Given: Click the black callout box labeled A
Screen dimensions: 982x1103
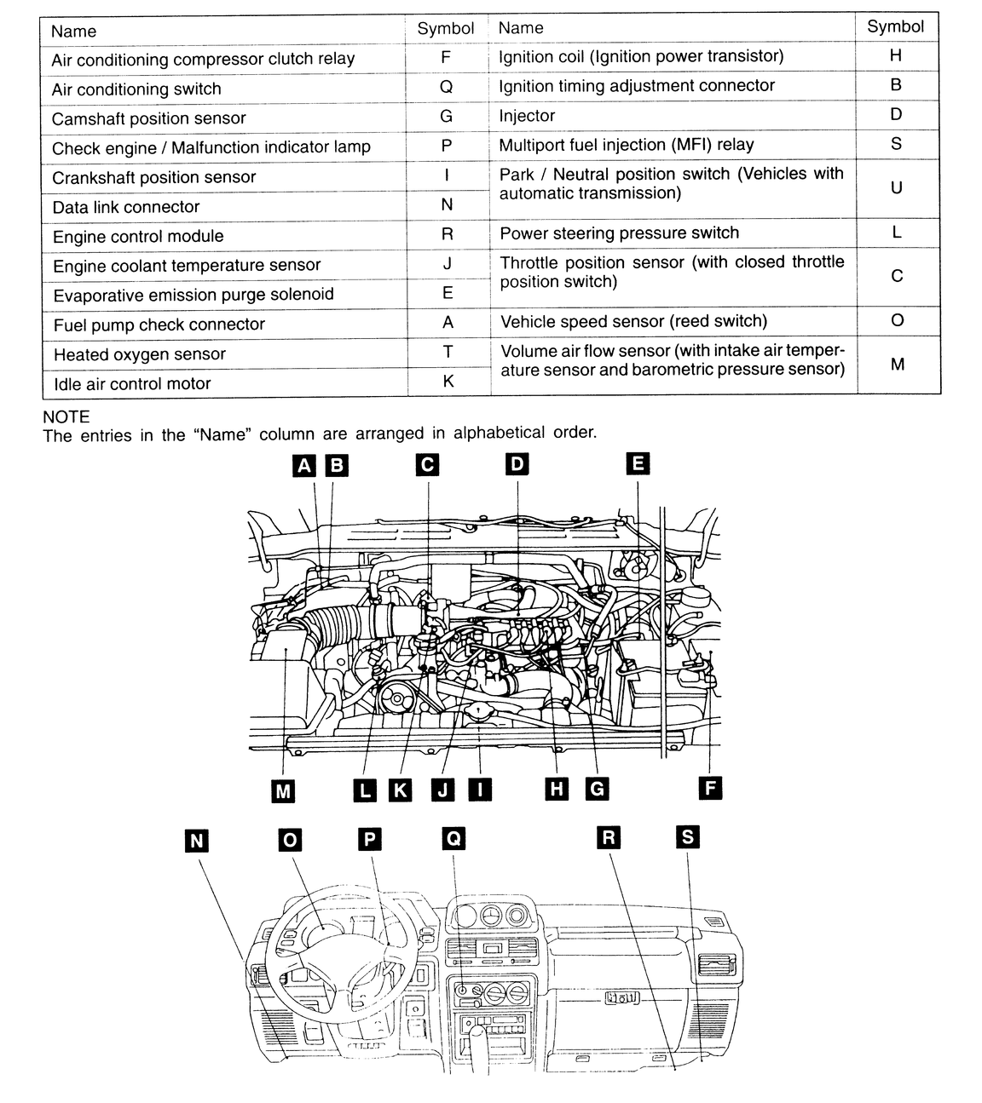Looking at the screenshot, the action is (304, 466).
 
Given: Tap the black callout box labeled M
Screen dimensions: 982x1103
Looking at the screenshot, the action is (283, 790).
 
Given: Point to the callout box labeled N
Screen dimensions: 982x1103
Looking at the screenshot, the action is (197, 841).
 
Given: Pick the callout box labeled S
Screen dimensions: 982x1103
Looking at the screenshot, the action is (688, 836).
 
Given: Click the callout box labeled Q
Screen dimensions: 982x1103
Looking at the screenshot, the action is (453, 838).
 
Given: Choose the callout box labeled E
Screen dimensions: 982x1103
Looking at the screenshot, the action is (638, 463).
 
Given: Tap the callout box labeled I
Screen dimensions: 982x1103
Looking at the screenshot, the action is (480, 789).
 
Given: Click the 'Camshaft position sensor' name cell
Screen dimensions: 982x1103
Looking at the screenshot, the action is (223, 118).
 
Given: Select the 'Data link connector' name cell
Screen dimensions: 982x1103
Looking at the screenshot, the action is (224, 207).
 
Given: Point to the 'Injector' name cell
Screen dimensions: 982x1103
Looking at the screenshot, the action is (672, 115).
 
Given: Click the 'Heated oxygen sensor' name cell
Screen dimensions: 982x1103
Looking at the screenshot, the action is (225, 353).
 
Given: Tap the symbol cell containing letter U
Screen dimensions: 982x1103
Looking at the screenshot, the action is (897, 188).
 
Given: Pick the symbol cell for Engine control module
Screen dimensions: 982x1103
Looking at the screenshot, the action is (448, 234).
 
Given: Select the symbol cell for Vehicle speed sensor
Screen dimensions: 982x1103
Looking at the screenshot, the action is (898, 320).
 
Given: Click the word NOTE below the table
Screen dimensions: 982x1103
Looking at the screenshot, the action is (66, 417).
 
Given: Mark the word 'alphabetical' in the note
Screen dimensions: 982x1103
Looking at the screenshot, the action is (500, 433).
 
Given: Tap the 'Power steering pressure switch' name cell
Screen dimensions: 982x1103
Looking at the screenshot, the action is (673, 233).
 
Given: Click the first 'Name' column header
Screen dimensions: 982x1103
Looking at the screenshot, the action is (73, 31).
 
